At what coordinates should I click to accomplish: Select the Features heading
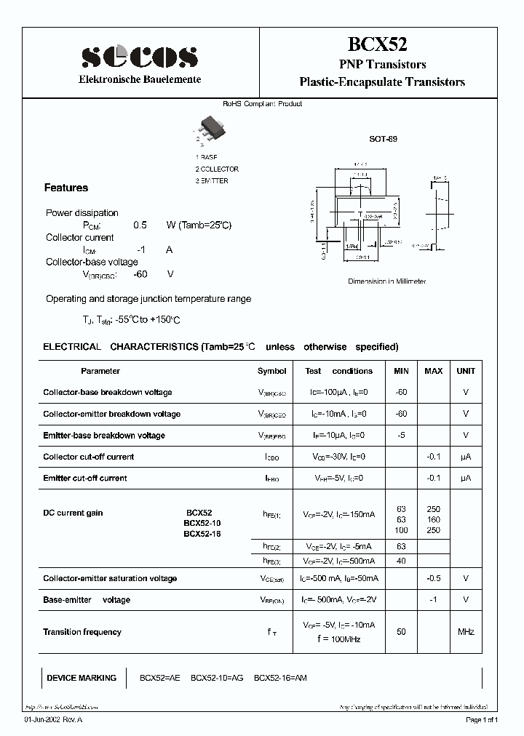pos(66,188)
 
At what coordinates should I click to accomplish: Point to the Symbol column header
pos(272,371)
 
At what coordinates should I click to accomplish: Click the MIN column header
pos(402,371)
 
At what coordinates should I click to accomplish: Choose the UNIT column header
pos(466,371)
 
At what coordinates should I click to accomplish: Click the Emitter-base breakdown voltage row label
pos(104,436)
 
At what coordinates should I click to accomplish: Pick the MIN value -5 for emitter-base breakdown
pos(401,436)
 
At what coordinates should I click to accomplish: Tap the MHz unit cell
pos(466,632)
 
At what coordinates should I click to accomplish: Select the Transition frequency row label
pos(82,632)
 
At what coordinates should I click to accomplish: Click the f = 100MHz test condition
pos(338,639)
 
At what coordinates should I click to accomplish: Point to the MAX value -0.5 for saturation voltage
pos(433,579)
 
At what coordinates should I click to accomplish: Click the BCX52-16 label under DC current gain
pos(202,534)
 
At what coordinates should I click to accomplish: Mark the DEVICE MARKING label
pos(82,678)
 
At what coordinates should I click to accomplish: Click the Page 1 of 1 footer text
pos(482,719)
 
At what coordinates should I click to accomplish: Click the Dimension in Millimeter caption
pos(386,281)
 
